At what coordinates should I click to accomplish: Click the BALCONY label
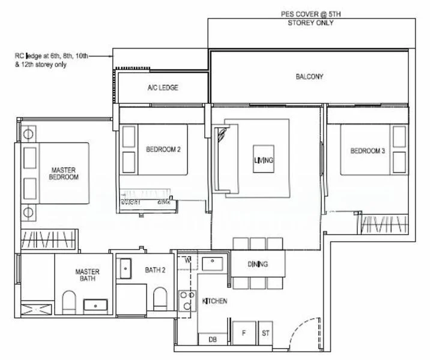pos(309,77)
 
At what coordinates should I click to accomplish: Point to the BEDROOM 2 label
pos(163,149)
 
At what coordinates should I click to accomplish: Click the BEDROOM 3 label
pos(368,151)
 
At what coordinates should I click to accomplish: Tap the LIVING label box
pos(264,161)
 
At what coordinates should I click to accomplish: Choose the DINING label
pos(258,265)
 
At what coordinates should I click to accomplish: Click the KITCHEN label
pos(214,301)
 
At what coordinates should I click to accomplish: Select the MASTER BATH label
pos(87,275)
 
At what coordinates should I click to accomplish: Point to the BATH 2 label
pos(155,271)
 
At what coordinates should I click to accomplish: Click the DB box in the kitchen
pos(212,340)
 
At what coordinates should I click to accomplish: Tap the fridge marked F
pos(244,332)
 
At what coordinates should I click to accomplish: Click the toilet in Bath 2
pos(159,298)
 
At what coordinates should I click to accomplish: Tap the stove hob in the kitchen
pos(187,299)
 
